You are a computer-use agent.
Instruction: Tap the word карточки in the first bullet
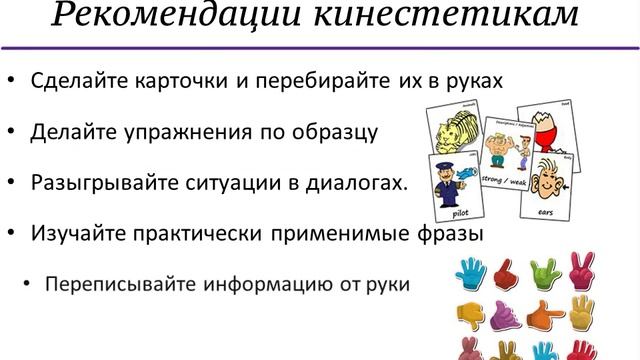pos(186,80)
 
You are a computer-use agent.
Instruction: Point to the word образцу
pos(330,131)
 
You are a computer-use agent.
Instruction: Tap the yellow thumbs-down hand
pos(470,314)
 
